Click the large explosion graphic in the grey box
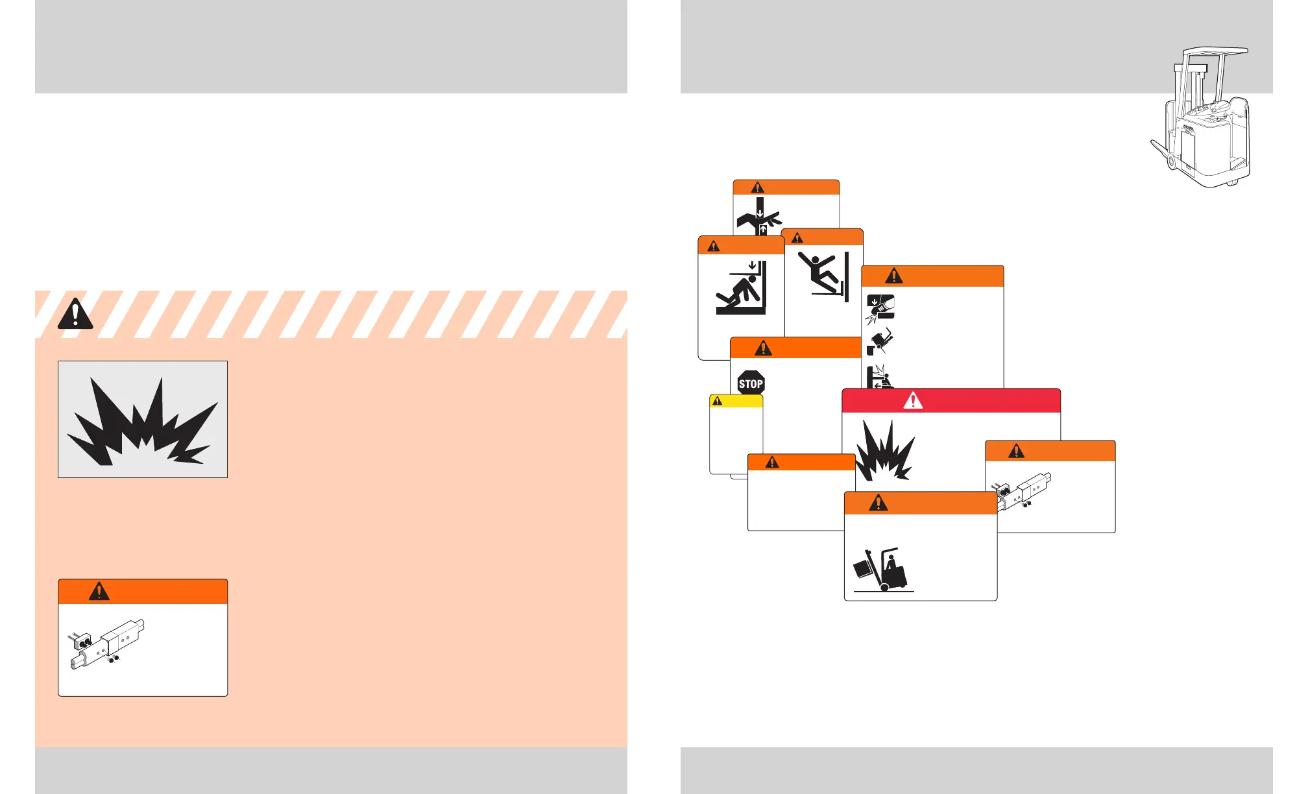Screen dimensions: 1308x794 tap(143, 420)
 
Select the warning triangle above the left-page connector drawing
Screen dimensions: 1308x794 tap(99, 591)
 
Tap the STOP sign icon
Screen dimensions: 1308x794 tap(751, 383)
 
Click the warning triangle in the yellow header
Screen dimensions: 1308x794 tap(717, 401)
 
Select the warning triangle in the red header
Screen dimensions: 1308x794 tap(913, 400)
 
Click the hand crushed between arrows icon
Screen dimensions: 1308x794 tap(759, 219)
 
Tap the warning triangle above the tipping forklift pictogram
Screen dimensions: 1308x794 tap(878, 502)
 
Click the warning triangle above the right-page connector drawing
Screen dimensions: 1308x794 tap(1016, 450)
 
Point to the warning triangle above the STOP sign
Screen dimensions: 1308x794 tap(763, 348)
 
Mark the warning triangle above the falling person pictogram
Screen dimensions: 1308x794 tap(797, 237)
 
